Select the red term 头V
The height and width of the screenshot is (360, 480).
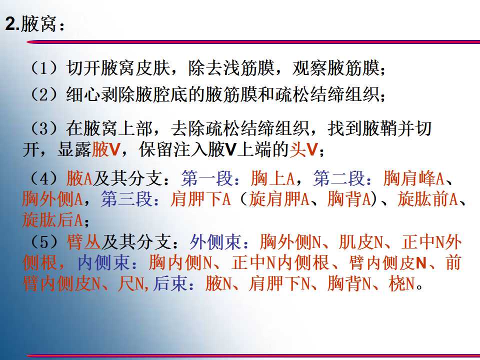pos(304,149)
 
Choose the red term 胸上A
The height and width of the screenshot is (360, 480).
pos(272,178)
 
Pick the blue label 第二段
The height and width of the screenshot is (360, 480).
pos(339,178)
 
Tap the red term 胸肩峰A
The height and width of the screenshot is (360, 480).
pos(413,178)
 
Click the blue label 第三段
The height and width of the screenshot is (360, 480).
pos(126,199)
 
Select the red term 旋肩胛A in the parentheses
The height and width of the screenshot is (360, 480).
pos(279,199)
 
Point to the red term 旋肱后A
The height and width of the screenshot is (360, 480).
pos(52,220)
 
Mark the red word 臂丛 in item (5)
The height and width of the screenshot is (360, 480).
pos(84,242)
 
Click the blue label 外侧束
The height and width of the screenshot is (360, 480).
pos(216,242)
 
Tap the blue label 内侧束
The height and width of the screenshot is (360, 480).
pos(103,262)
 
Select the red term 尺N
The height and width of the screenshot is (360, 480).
pos(131,283)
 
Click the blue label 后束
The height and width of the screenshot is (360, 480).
pos(170,283)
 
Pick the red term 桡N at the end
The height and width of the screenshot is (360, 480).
pos(401,283)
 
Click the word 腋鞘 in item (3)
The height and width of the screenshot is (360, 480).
pos(379,128)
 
